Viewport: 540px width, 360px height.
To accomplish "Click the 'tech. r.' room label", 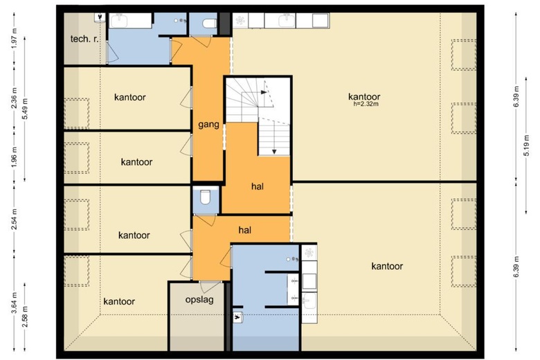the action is [84, 39].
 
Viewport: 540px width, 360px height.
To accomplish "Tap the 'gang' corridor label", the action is [208, 125].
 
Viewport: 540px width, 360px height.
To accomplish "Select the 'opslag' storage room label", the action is [199, 300].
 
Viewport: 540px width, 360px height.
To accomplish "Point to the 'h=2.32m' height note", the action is [366, 104].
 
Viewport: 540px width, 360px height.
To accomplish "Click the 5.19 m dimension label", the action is [526, 145].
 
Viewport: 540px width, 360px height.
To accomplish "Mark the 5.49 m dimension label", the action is [24, 109].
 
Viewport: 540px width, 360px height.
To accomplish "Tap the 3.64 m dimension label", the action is [14, 303].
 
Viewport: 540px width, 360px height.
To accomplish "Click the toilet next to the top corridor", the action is [209, 24].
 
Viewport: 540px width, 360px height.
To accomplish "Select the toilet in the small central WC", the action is [205, 197].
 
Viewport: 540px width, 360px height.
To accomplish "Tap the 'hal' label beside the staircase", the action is [258, 187].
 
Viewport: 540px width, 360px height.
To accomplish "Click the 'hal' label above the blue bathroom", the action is [244, 230].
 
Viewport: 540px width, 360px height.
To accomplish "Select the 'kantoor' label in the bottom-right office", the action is [387, 267].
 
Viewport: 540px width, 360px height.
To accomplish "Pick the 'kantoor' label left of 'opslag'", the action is [119, 302].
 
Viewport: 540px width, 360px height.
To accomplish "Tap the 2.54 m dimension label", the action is [14, 219].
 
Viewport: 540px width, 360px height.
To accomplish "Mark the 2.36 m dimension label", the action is [14, 98].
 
